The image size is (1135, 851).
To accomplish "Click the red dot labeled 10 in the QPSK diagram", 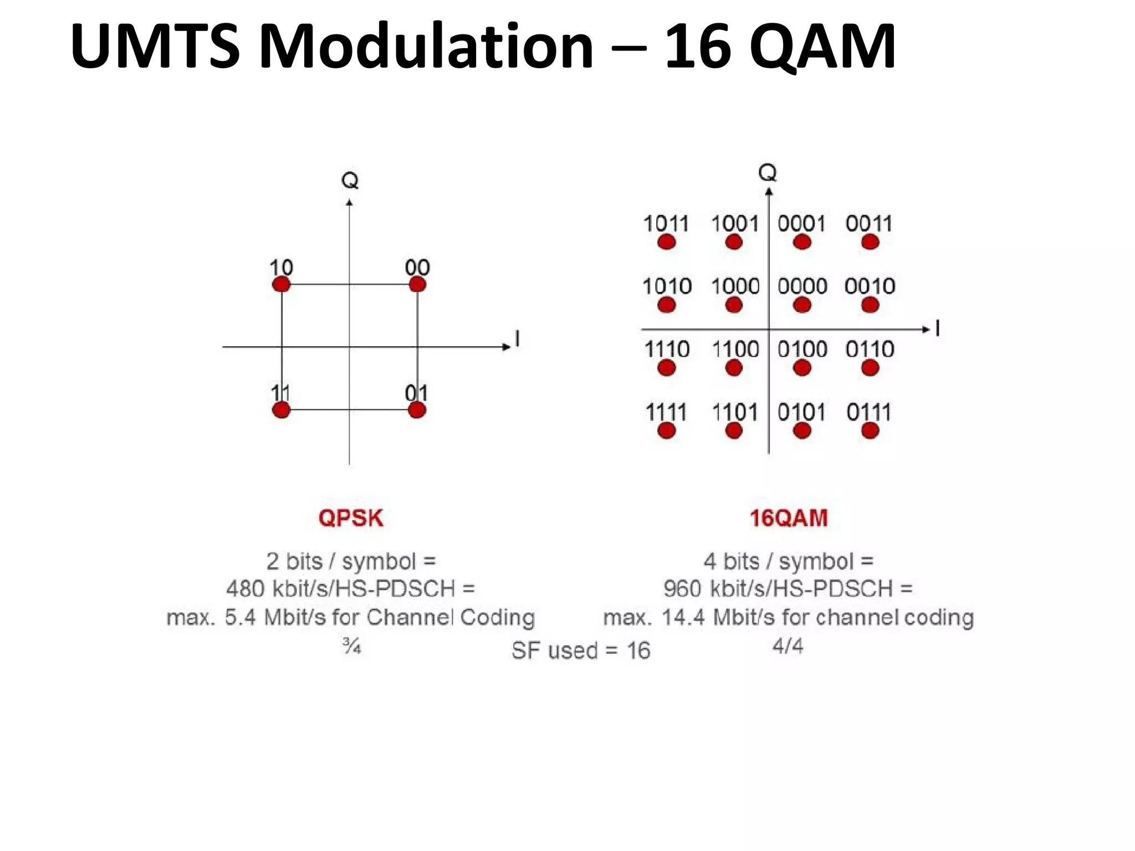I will click(x=282, y=285).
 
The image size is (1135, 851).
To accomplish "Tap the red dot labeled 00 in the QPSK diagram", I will click(x=417, y=285).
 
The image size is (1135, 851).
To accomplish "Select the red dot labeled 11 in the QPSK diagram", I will click(x=282, y=411).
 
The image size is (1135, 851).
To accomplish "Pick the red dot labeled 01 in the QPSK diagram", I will click(x=417, y=411).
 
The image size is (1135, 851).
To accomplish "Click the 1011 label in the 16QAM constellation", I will click(x=666, y=224).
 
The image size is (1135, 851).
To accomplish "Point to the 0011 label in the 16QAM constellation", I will click(x=869, y=224).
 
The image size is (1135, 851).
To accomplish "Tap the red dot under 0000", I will click(x=802, y=305).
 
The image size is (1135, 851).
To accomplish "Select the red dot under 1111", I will click(x=667, y=430).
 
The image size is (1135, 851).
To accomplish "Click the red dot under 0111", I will click(x=870, y=430).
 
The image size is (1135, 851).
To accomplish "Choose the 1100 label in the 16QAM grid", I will click(x=735, y=350).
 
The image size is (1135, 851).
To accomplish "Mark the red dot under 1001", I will click(x=734, y=242).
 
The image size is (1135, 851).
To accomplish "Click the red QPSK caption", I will click(x=351, y=518).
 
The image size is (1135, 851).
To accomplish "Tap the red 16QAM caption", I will click(x=789, y=518).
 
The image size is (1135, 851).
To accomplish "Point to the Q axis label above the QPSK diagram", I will click(x=350, y=181).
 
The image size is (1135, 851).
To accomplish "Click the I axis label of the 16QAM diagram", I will click(x=937, y=329).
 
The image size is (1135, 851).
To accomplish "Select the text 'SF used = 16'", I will click(x=581, y=650).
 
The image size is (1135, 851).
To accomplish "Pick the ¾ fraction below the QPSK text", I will click(x=351, y=646).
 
